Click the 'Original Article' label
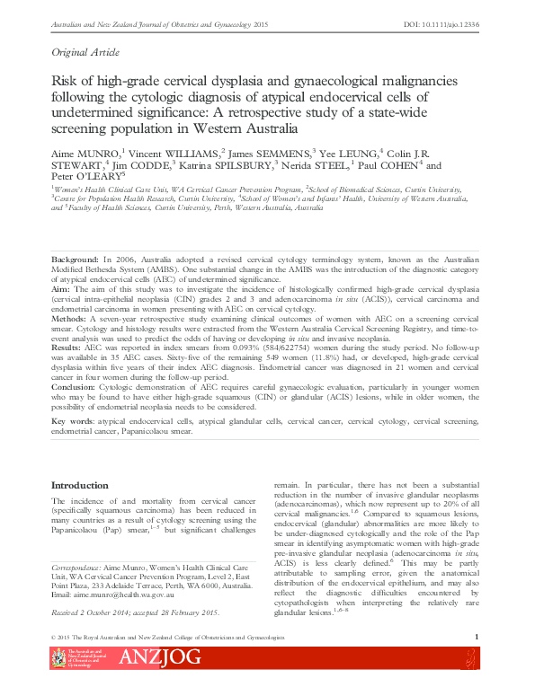tap(87, 54)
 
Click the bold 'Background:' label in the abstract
tap(76, 258)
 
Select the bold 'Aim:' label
tap(61, 291)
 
